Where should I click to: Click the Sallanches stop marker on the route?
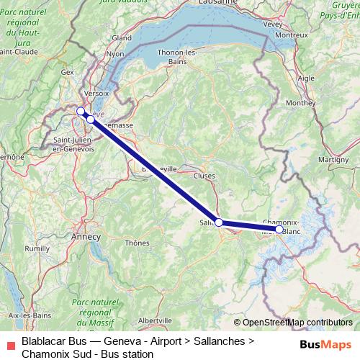pyautogui.click(x=218, y=223)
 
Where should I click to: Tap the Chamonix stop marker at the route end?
pyautogui.click(x=279, y=230)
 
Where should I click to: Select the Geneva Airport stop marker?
pyautogui.click(x=80, y=110)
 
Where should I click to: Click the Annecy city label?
pyautogui.click(x=86, y=235)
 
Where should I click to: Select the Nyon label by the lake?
pyautogui.click(x=115, y=53)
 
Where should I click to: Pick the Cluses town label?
pyautogui.click(x=204, y=175)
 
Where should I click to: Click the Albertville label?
pyautogui.click(x=155, y=320)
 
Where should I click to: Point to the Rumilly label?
pyautogui.click(x=37, y=248)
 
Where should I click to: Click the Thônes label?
pyautogui.click(x=136, y=243)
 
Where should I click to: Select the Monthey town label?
pyautogui.click(x=300, y=103)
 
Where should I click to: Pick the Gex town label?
pyautogui.click(x=68, y=72)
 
